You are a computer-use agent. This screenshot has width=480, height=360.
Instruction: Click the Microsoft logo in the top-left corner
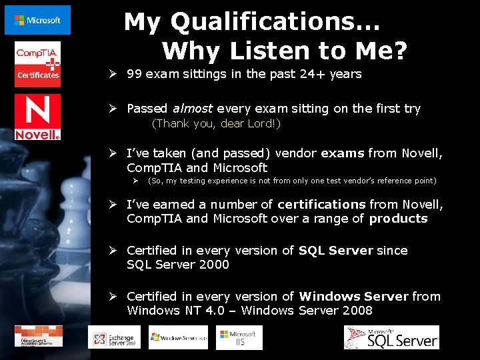click(x=37, y=20)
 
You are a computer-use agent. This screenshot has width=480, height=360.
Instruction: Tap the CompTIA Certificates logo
click(x=37, y=61)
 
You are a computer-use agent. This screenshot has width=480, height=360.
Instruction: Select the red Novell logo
click(x=37, y=117)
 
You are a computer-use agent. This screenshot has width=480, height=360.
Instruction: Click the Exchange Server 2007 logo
click(x=110, y=337)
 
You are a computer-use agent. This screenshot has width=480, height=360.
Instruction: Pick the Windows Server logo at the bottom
click(x=178, y=337)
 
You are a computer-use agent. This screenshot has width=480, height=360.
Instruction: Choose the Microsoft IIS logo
click(x=239, y=337)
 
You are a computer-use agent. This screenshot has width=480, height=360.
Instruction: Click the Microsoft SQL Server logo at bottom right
click(x=391, y=337)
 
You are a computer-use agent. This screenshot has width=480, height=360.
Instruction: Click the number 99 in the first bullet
click(x=134, y=74)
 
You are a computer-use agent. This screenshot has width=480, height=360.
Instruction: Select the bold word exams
click(x=343, y=153)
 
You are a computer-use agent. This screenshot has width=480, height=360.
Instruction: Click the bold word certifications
click(x=321, y=204)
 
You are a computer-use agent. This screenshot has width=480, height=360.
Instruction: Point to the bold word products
click(x=398, y=219)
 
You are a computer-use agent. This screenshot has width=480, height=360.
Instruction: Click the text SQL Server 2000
click(x=178, y=265)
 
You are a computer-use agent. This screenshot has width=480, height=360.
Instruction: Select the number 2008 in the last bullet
click(x=357, y=311)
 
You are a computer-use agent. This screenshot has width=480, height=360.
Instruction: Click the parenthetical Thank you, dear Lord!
click(x=216, y=123)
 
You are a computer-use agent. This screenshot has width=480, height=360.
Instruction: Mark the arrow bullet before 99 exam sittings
click(x=114, y=74)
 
